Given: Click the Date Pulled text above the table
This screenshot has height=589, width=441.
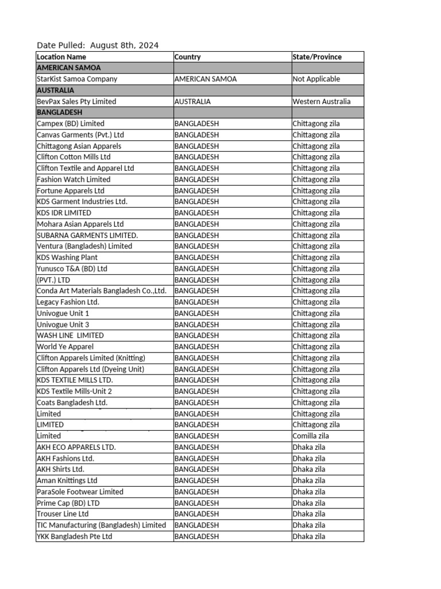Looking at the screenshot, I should coord(98,45).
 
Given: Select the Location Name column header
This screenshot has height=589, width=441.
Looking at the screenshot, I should coord(61,57).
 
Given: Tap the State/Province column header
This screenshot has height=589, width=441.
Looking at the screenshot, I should coord(317,57).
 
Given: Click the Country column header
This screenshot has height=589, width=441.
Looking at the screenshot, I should coord(188,57).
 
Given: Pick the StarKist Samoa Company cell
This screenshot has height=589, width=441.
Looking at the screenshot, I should coord(77,79).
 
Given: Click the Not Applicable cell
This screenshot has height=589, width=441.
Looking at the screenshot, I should coord(316,79).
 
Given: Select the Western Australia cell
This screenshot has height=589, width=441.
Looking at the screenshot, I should coord(321,101).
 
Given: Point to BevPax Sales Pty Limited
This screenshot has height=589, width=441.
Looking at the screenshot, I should coord(76,101).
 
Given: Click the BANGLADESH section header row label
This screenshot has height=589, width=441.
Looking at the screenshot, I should coord(60,112).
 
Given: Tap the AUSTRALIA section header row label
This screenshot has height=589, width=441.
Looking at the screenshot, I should coord(55,90).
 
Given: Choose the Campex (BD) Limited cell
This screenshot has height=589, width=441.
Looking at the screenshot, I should coord(71,124).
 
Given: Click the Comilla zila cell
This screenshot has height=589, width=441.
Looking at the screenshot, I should coord(311,436).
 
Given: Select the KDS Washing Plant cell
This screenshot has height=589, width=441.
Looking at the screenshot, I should coord(67,258).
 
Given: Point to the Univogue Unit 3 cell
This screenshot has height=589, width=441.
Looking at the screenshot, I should coord(63,324).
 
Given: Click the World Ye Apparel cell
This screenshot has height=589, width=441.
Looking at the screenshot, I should coord(65,347).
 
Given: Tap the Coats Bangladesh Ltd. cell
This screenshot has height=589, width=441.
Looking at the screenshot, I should coord(72,403).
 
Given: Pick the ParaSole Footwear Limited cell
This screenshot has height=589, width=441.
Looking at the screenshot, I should coord(80,492).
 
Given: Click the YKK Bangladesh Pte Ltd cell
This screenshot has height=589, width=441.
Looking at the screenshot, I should coord(75,537).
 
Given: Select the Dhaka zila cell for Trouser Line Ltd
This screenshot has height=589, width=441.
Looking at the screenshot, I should coord(308,514).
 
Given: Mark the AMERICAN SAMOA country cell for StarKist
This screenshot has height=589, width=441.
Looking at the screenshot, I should coord(205,79).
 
